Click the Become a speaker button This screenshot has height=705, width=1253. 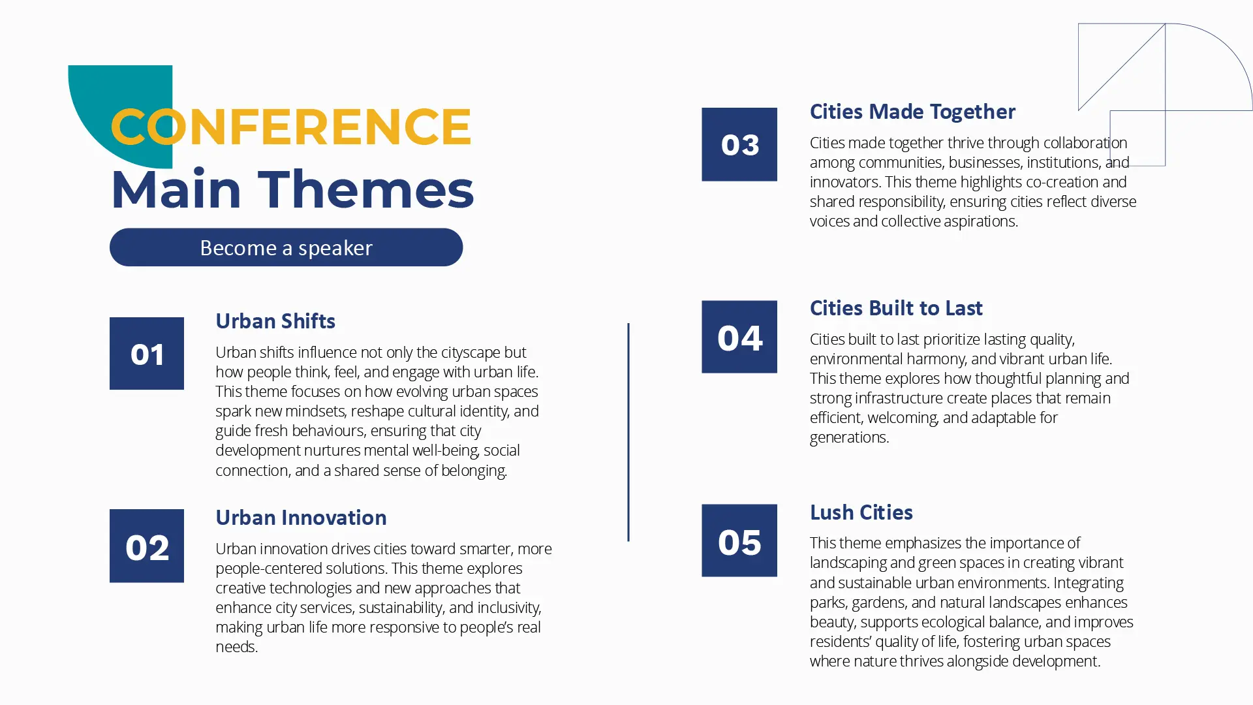(286, 247)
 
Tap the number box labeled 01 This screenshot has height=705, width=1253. (147, 353)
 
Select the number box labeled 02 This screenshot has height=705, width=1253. (147, 546)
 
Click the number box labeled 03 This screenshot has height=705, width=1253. (739, 144)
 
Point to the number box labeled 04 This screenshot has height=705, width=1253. (739, 337)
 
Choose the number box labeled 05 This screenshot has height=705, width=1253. (739, 540)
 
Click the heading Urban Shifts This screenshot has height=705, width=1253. (275, 321)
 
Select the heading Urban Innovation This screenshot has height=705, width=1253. (301, 518)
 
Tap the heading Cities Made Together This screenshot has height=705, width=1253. (912, 112)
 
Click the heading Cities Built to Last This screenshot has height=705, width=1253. (896, 308)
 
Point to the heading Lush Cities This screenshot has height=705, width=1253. (861, 512)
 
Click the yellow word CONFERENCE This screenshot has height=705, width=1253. (291, 127)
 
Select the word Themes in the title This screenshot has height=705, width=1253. (369, 190)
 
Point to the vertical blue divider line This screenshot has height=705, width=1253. (628, 432)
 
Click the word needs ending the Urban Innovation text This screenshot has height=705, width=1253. (236, 647)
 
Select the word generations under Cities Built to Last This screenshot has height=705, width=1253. (849, 438)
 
